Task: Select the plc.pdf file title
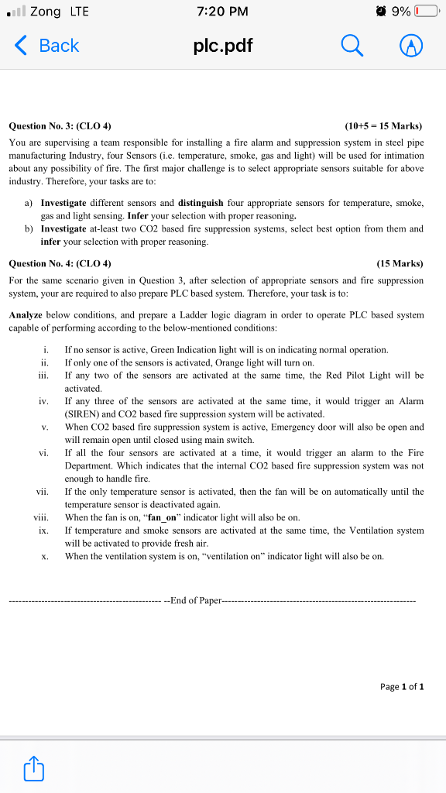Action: point(222,46)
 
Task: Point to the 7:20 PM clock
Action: point(222,12)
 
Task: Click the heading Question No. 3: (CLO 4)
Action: point(60,126)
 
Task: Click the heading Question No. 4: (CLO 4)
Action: point(60,263)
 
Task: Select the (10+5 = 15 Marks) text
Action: point(383,126)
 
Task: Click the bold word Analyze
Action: point(26,315)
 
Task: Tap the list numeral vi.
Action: point(43,453)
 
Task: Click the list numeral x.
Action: point(46,556)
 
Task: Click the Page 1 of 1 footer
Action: point(402,686)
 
